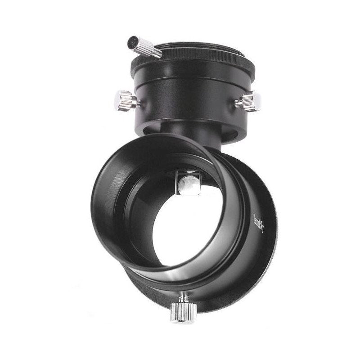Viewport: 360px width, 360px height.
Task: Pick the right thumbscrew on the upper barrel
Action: click(247, 101)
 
